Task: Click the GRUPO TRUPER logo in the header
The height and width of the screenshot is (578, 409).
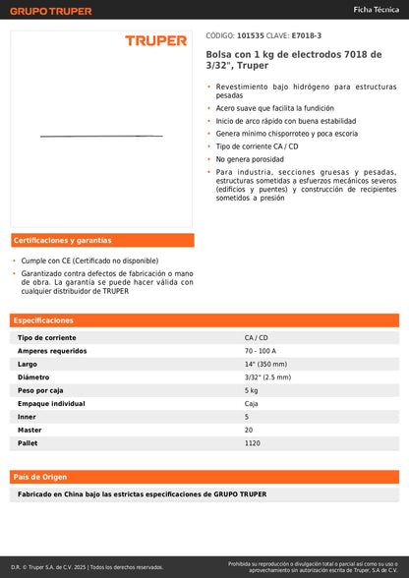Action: point(50,11)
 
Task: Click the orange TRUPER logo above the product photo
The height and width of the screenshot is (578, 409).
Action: point(155,40)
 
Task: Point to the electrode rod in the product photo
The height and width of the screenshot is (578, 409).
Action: point(101,135)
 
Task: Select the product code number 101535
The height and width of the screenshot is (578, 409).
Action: point(251,35)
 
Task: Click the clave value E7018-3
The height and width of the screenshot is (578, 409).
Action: point(306,35)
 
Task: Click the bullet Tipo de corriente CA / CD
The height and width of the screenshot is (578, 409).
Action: point(257,145)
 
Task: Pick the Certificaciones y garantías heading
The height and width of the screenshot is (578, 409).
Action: point(62,240)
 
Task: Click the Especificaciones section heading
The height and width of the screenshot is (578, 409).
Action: point(43,320)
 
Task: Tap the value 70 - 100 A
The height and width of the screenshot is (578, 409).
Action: point(261,351)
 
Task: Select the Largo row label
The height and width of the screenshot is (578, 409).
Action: point(28,364)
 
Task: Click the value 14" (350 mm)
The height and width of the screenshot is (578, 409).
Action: point(265,364)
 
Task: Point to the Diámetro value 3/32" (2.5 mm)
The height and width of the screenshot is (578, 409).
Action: point(267,377)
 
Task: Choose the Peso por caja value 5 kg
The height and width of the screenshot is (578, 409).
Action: point(252,390)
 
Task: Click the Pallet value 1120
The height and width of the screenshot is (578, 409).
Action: point(253,443)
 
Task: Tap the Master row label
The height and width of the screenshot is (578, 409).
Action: point(29,430)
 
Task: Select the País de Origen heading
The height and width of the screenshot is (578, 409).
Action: point(41,476)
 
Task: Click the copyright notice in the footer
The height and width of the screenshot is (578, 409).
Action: point(88,567)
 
